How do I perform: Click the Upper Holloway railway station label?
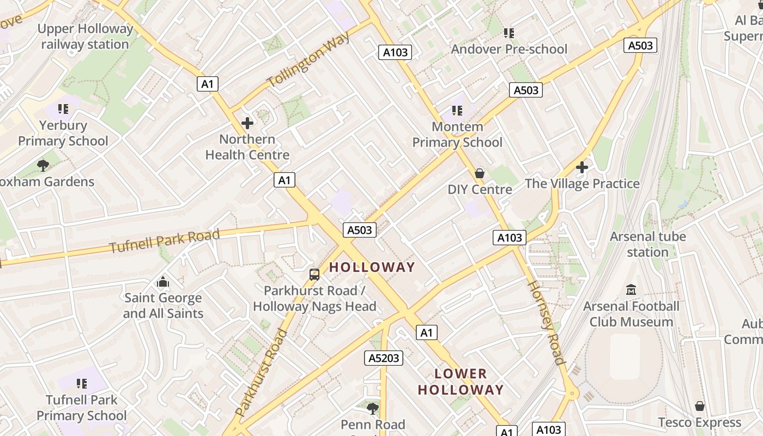pyautogui.click(x=86, y=37)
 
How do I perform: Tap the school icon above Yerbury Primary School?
pyautogui.click(x=63, y=109)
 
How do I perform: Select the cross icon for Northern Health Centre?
pyautogui.click(x=247, y=123)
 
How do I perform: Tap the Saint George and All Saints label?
pyautogui.click(x=163, y=306)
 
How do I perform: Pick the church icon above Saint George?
pyautogui.click(x=163, y=282)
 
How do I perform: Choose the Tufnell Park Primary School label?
pyautogui.click(x=81, y=408)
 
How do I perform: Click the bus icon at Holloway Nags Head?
pyautogui.click(x=314, y=275)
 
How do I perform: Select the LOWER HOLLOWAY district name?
pyautogui.click(x=461, y=381)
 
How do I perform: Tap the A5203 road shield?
pyautogui.click(x=384, y=358)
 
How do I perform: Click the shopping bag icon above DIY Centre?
pyautogui.click(x=480, y=173)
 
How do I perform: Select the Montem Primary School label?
pyautogui.click(x=457, y=135)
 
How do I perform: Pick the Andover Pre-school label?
pyautogui.click(x=509, y=49)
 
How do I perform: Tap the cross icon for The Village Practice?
pyautogui.click(x=582, y=167)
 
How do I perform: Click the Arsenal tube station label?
pyautogui.click(x=647, y=244)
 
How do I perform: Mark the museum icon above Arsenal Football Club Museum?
pyautogui.click(x=631, y=289)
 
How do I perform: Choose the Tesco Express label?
pyautogui.click(x=700, y=422)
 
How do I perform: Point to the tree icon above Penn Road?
pyautogui.click(x=373, y=408)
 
